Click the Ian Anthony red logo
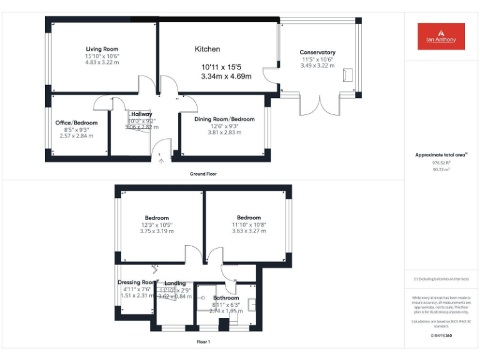[441, 36]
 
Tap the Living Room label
[102, 49]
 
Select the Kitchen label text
[207, 49]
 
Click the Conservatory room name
[317, 52]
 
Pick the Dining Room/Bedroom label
[224, 119]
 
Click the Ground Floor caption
[203, 174]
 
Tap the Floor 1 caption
[203, 342]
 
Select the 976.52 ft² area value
[441, 162]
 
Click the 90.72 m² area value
[441, 169]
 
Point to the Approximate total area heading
[441, 154]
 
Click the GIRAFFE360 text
[441, 336]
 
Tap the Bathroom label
[226, 298]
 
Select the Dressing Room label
[137, 282]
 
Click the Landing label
[175, 283]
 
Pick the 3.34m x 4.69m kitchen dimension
[226, 76]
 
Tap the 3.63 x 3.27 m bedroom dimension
[248, 231]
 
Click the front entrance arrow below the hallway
[161, 161]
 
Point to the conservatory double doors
[318, 104]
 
